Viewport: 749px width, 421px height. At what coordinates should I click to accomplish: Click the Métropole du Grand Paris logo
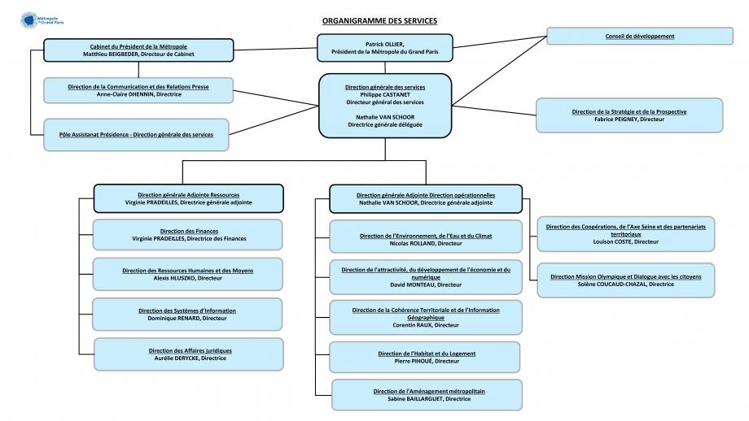42,20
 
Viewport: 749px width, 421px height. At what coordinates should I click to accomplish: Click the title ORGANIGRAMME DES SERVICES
379,21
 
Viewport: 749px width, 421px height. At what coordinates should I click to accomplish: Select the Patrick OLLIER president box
385,48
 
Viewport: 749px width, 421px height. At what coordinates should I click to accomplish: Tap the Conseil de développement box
640,37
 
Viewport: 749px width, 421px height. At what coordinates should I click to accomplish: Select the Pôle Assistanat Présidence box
136,135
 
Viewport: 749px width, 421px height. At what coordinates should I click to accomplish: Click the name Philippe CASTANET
385,95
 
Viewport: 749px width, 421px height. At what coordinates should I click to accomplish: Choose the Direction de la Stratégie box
629,115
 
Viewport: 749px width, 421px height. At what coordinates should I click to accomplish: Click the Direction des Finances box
188,235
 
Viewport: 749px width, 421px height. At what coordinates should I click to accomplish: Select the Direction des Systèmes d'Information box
187,315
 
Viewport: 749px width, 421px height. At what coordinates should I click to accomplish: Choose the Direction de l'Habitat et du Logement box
425,357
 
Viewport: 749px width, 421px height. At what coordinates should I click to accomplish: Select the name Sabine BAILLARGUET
415,399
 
